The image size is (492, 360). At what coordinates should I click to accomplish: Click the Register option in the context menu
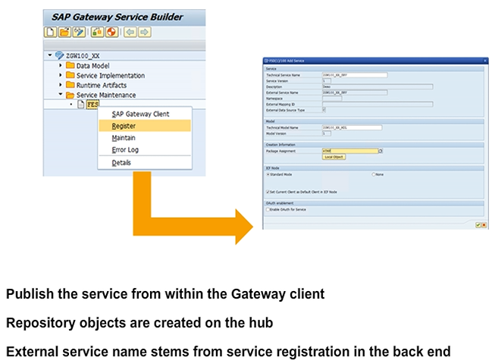pos(124,126)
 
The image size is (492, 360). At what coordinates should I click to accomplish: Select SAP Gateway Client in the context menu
pos(140,114)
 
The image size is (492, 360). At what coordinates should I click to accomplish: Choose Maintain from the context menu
pos(124,138)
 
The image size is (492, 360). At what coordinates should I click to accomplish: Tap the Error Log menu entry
pos(126,150)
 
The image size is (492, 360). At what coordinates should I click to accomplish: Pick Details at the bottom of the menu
pos(121,163)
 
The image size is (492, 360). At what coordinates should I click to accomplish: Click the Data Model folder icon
pos(70,66)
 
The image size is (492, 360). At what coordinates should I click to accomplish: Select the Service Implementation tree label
pos(110,76)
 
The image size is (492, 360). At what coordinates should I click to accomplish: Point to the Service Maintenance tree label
pos(107,95)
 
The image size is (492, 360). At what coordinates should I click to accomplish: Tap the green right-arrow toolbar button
pos(145,33)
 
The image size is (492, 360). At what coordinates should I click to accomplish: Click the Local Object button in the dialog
pos(333,157)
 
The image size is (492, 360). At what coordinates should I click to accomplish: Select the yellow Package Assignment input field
pos(349,151)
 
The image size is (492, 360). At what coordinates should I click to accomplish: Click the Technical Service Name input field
pos(355,74)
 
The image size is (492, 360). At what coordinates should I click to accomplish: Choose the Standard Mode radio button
pos(268,174)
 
